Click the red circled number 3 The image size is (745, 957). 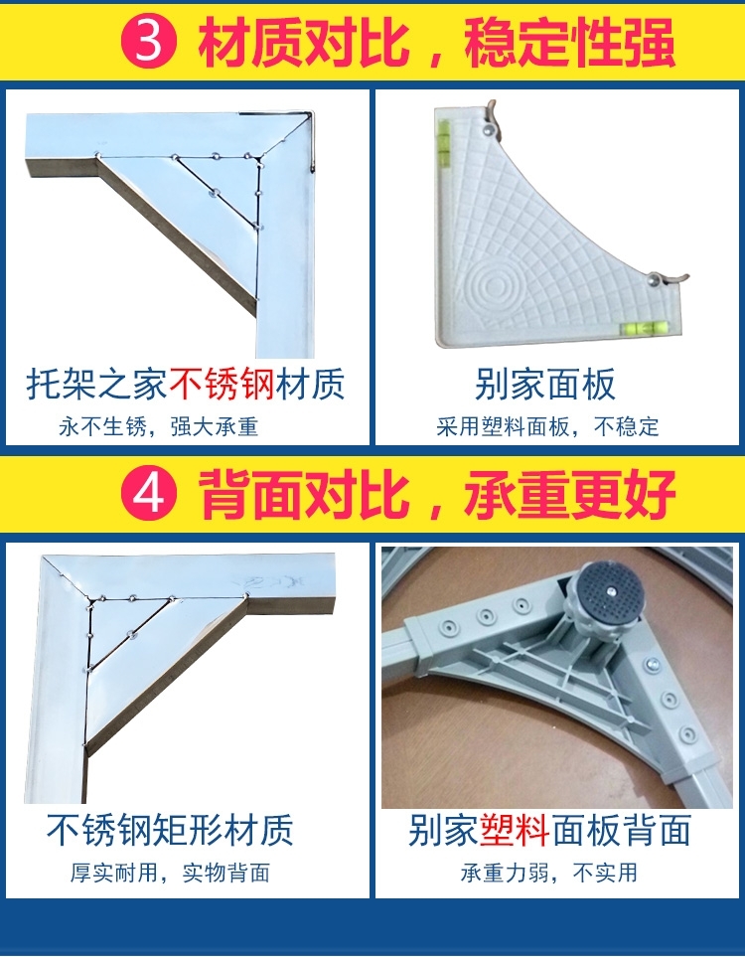click(148, 41)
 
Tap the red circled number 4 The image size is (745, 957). click(148, 493)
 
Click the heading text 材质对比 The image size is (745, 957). click(303, 42)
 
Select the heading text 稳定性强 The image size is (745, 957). click(568, 42)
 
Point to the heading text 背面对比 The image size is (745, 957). click(303, 494)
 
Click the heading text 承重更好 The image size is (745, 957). click(568, 494)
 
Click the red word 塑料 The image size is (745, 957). click(515, 830)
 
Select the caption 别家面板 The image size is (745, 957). click(545, 384)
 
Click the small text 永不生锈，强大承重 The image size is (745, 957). click(159, 426)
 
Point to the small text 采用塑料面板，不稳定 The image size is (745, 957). click(547, 426)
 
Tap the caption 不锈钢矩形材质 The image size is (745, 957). click(170, 830)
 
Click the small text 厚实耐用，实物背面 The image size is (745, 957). click(170, 873)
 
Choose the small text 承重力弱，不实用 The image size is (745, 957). click(549, 873)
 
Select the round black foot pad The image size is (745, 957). click(609, 591)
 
